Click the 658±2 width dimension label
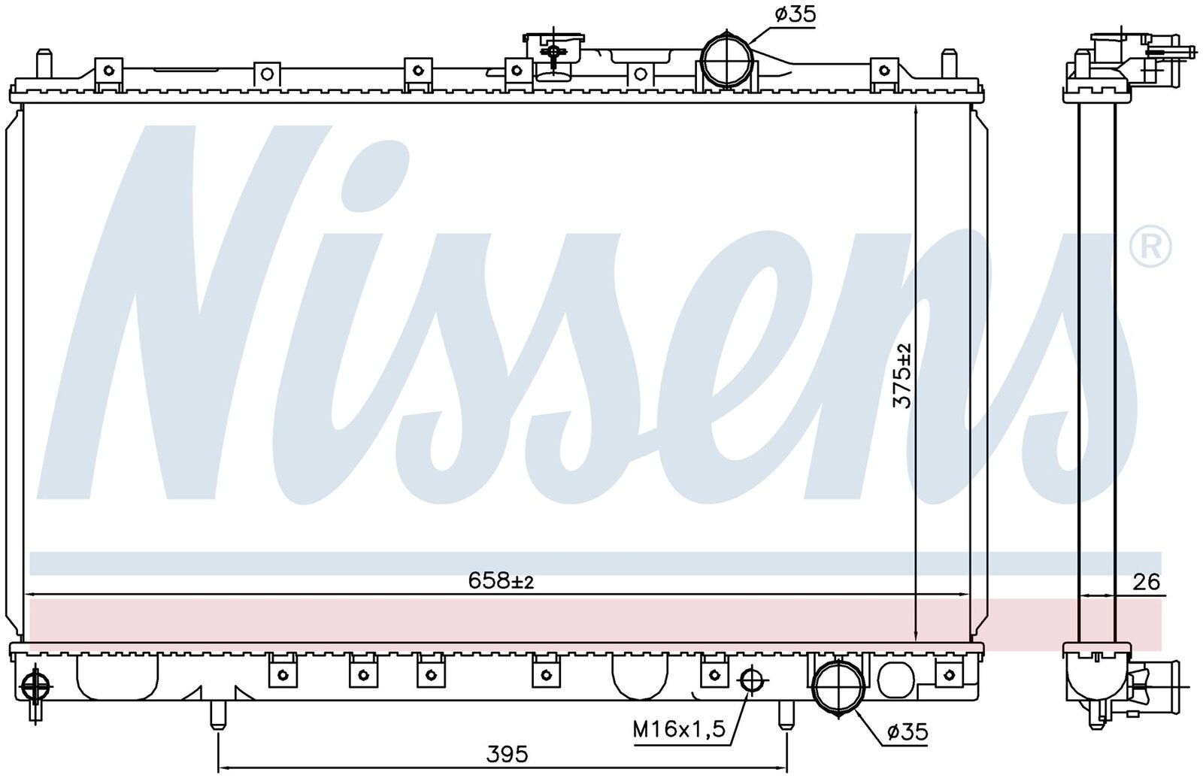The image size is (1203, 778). point(501,580)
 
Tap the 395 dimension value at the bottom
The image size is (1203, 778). point(507,755)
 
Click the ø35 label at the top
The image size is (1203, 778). point(795,14)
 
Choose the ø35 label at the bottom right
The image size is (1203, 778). point(907,732)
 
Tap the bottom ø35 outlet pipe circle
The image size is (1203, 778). point(838,687)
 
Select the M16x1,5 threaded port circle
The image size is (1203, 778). point(751,682)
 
